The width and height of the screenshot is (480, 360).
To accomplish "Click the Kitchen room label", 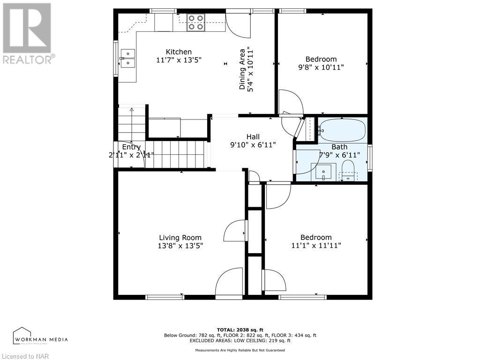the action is pyautogui.click(x=179, y=52).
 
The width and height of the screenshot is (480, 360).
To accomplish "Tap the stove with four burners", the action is pyautogui.click(x=196, y=22).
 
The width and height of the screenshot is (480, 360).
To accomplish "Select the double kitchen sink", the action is pyautogui.click(x=127, y=58).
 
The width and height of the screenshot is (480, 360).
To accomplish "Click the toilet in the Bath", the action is pyautogui.click(x=348, y=171).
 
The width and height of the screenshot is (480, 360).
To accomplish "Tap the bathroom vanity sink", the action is pyautogui.click(x=323, y=172).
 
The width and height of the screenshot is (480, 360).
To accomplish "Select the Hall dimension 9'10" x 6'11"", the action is pyautogui.click(x=253, y=145).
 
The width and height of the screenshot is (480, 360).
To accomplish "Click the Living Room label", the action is pyautogui.click(x=180, y=237).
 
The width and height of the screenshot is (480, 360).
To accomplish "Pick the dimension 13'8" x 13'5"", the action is pyautogui.click(x=180, y=246).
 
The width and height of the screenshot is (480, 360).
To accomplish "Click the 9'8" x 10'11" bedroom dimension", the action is pyautogui.click(x=321, y=67).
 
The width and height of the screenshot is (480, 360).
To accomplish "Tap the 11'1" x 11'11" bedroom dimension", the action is pyautogui.click(x=316, y=245).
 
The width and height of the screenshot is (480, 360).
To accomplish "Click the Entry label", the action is pyautogui.click(x=131, y=147).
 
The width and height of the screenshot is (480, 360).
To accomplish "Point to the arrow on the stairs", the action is pyautogui.click(x=132, y=123).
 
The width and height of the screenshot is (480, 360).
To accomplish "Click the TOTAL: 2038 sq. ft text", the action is pyautogui.click(x=240, y=330).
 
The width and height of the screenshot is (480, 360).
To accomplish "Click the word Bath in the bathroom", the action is pyautogui.click(x=339, y=147).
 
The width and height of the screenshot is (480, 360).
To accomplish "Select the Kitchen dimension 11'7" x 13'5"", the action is pyautogui.click(x=179, y=60).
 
